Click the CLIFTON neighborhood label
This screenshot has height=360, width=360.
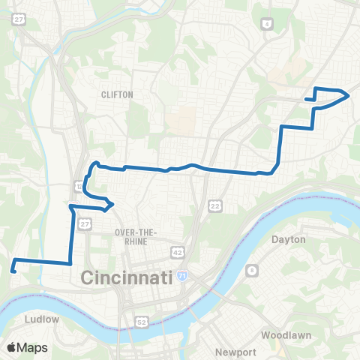pos(117,94)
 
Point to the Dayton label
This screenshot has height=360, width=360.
pos(289,239)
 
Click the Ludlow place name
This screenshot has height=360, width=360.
pos(42,319)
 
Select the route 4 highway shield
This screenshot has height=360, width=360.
pos(266,25)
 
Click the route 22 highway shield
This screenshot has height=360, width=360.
pos(215,205)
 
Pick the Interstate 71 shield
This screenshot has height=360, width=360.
pos(182,277)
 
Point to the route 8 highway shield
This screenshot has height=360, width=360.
pos(253,270)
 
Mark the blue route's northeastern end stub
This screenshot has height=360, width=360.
pos(306,99)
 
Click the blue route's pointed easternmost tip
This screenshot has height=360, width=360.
pos(349,94)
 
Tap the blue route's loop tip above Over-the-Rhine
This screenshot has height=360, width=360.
pos(112,203)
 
